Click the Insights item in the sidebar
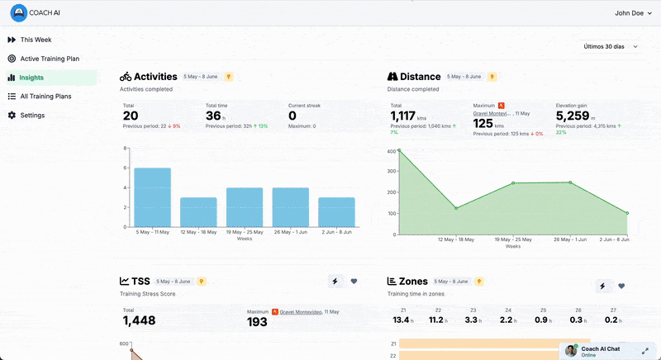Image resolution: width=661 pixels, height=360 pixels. point(31,78)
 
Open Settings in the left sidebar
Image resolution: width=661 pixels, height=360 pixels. point(32,116)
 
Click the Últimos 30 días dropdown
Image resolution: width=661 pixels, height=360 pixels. point(610,47)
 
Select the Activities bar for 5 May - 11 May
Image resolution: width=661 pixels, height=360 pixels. point(152,197)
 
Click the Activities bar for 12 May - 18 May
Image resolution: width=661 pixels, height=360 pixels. point(198,212)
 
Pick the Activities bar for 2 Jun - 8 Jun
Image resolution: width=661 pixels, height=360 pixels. point(336,212)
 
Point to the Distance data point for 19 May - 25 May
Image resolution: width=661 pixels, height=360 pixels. point(513,183)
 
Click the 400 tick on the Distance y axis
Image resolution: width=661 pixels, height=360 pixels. point(391,151)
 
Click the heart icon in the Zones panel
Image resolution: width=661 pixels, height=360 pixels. point(621,286)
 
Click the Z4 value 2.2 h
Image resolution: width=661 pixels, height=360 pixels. point(506,320)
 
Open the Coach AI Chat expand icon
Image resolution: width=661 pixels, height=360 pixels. point(644,350)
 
